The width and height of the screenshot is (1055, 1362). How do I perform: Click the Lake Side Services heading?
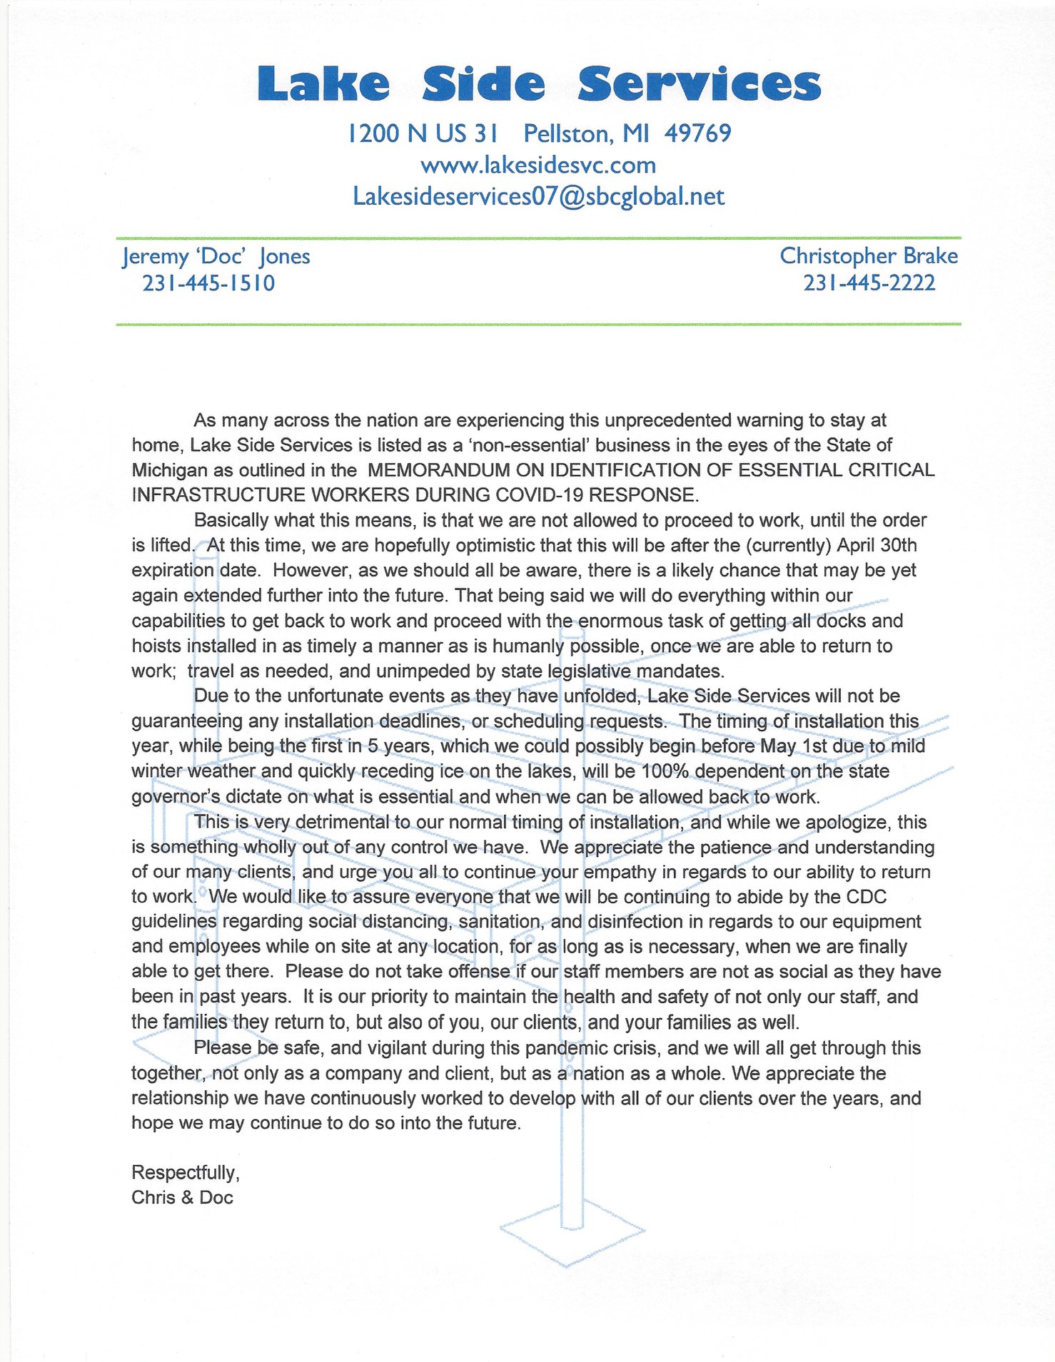[539, 84]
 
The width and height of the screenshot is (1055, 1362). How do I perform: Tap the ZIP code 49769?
[697, 133]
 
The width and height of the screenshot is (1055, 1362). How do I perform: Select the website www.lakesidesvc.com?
[538, 166]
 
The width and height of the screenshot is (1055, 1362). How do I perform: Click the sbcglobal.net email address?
[538, 197]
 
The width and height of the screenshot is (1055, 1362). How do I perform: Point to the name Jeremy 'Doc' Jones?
[216, 256]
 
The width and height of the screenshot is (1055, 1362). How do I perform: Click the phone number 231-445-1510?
[208, 283]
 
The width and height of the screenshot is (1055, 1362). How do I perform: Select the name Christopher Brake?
[869, 255]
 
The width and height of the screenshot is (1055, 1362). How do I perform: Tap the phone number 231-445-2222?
[869, 283]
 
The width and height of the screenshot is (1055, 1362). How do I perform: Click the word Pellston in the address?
[567, 133]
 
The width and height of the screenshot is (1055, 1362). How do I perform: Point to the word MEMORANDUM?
[438, 470]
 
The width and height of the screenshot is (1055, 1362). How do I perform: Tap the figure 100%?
[665, 771]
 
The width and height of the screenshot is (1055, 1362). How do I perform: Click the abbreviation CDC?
[866, 897]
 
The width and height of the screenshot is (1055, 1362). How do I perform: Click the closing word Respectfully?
[185, 1173]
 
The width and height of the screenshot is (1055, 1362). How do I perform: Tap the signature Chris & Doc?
[182, 1198]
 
